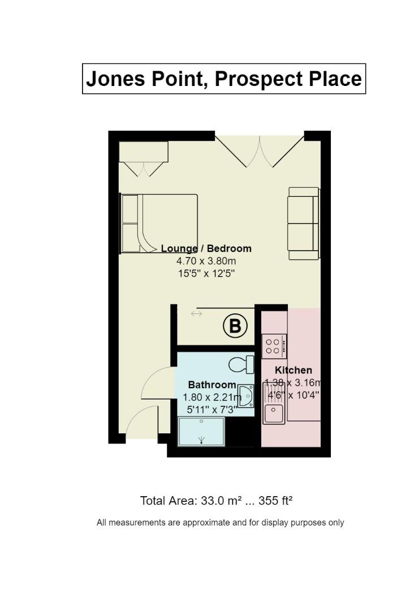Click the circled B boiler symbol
235,326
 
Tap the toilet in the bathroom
241,364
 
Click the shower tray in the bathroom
201,431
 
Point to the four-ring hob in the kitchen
274,346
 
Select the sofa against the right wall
304,223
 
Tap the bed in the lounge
160,223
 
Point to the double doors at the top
260,150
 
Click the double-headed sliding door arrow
196,314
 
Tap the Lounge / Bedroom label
206,248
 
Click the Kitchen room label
294,370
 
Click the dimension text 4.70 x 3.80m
206,261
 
